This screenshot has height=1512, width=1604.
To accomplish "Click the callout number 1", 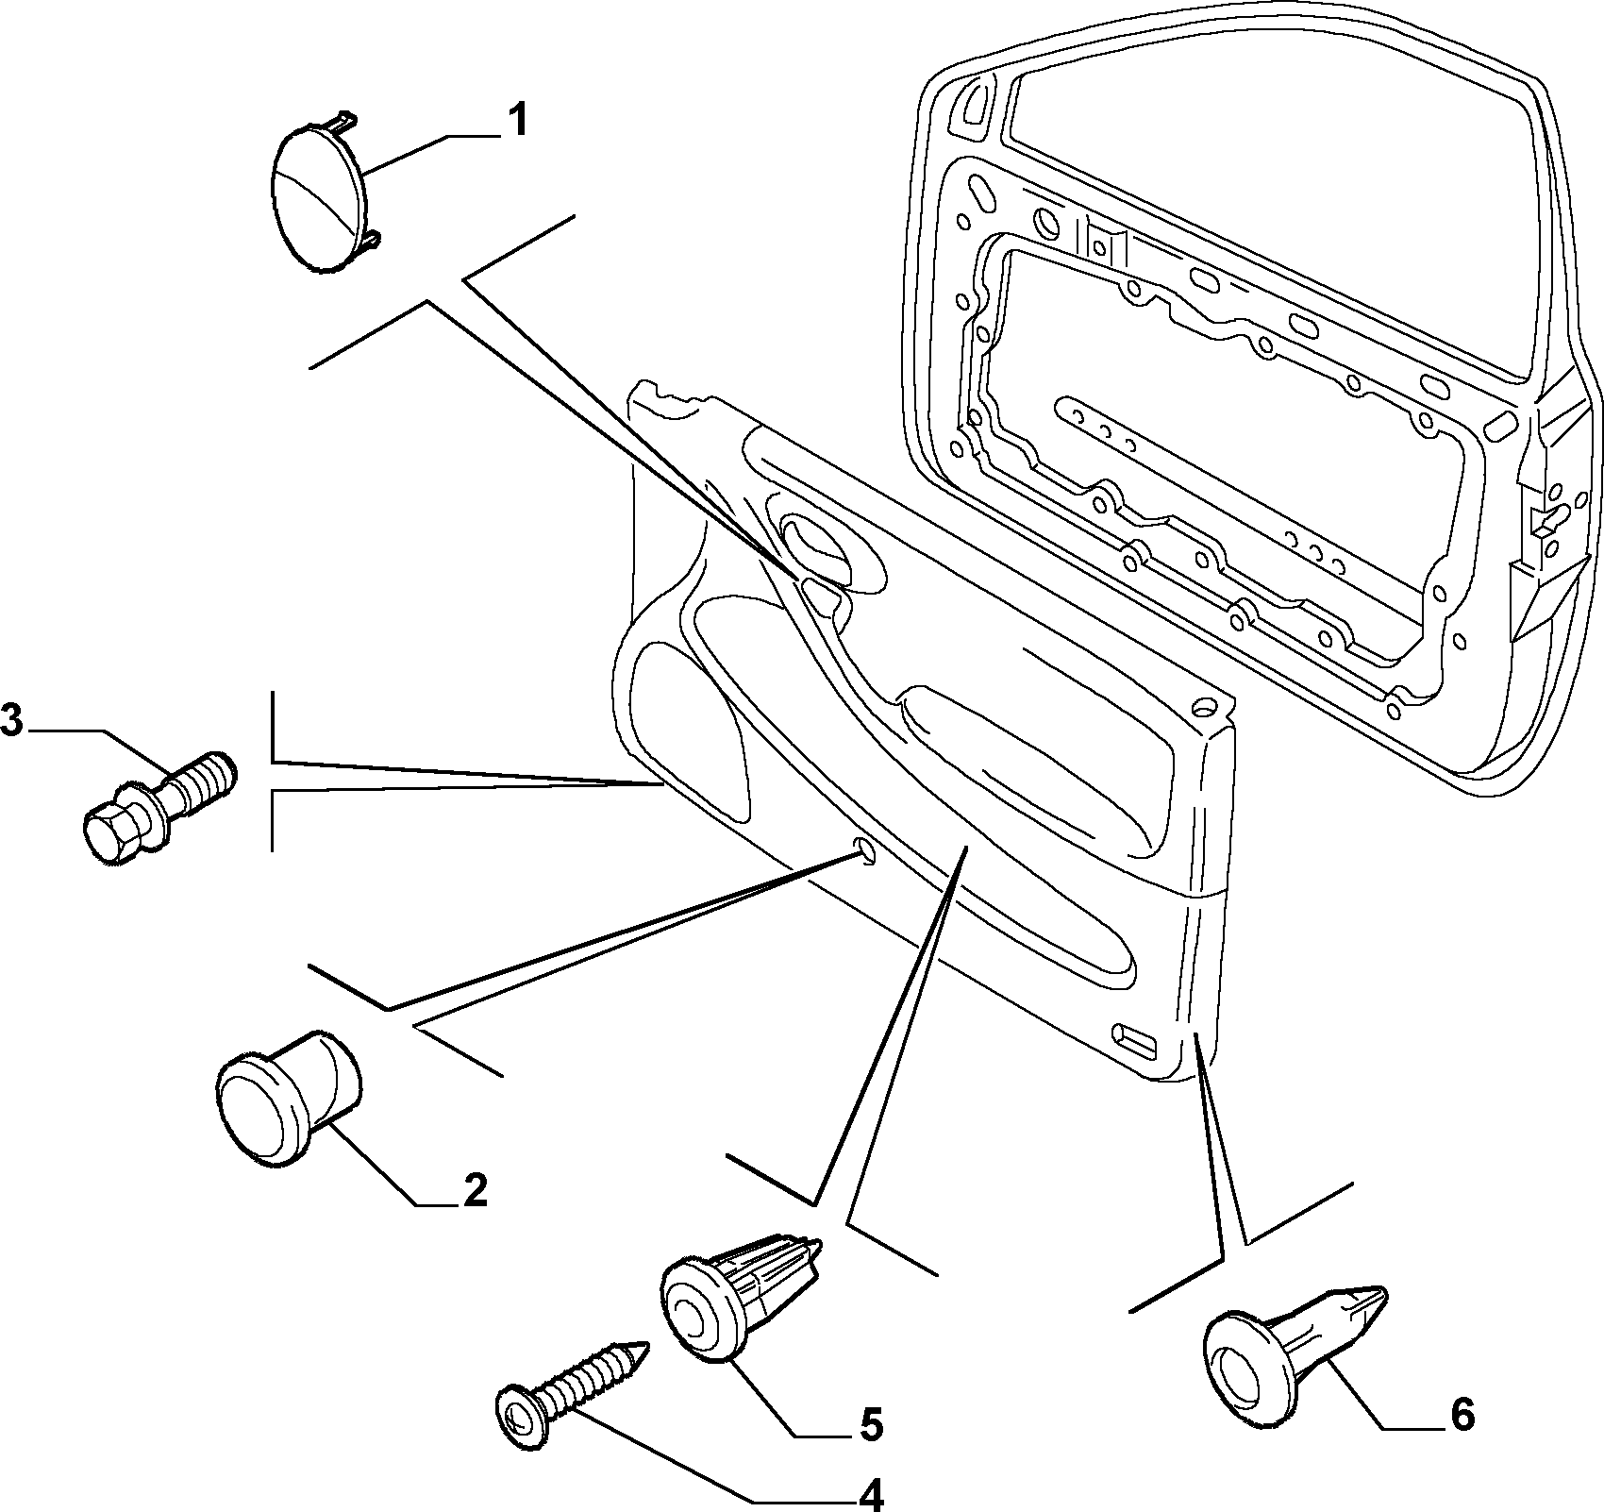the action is coord(517,122).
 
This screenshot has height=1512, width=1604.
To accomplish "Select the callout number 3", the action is coord(10,722).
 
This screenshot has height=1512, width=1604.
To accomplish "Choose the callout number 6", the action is coord(1462,1414).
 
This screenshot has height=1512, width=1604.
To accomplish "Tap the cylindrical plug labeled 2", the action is coord(286,1096).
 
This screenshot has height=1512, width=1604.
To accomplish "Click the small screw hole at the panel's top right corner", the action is coord(1205,705).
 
